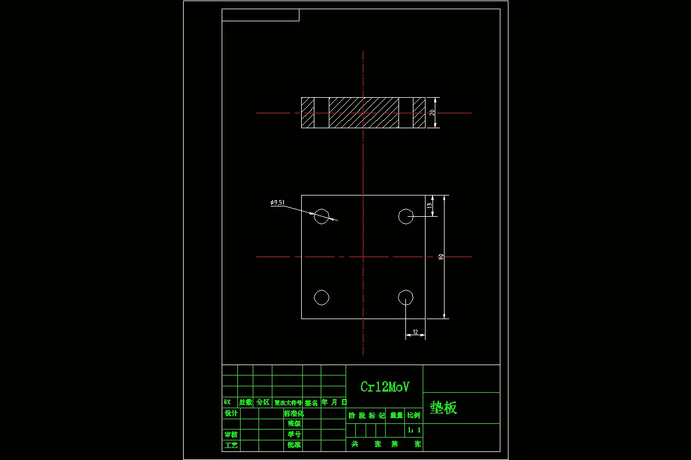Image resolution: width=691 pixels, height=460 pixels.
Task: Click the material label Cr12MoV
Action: [385, 387]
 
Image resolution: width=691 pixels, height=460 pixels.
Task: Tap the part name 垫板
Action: [443, 408]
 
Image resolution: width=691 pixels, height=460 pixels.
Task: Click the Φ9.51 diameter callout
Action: [277, 202]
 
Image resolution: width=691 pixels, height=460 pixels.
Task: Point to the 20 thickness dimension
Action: [432, 113]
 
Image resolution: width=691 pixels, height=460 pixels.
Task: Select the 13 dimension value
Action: [430, 205]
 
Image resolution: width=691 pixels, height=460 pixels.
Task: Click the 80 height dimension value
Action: [441, 257]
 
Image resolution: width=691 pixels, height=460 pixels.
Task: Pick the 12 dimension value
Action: [415, 332]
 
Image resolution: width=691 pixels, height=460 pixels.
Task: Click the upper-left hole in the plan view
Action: [321, 216]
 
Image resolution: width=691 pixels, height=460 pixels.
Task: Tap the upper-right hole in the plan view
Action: [406, 216]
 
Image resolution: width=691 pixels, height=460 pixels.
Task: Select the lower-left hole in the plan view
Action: [321, 297]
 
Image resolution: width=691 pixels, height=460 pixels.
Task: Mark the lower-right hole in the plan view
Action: [406, 297]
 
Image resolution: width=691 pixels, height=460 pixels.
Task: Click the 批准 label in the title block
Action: [294, 445]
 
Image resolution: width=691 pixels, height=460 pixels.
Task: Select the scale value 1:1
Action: [414, 430]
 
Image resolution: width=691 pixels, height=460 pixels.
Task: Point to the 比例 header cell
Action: [414, 415]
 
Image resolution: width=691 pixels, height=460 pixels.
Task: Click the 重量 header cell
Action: [396, 415]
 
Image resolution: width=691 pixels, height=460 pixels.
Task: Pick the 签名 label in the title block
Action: [311, 402]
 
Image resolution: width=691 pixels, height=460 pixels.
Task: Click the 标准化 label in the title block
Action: [294, 413]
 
